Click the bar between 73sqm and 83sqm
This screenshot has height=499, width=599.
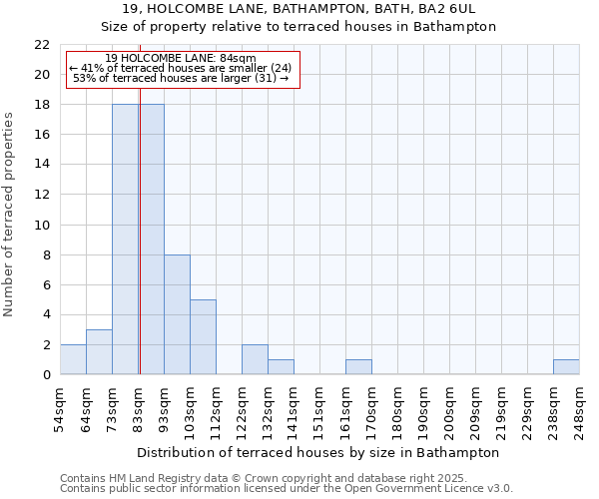(x=125, y=240)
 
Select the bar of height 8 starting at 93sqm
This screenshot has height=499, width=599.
(x=177, y=314)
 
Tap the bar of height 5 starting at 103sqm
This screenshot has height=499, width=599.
(x=203, y=337)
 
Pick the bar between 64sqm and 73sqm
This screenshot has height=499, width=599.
(x=99, y=352)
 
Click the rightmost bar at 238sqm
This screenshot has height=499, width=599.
(x=566, y=367)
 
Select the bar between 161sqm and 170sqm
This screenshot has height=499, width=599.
(x=358, y=367)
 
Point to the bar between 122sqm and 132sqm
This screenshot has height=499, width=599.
(x=255, y=359)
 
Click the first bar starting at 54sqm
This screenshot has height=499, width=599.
(x=73, y=359)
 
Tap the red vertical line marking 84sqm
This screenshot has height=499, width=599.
(x=140, y=249)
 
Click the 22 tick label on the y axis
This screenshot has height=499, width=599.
(x=42, y=45)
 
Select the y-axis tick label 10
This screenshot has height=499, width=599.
(x=42, y=226)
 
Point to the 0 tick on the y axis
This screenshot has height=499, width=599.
(x=46, y=375)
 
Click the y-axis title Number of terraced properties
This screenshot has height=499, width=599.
(x=10, y=215)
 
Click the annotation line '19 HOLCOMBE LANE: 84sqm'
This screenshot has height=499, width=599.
(x=181, y=59)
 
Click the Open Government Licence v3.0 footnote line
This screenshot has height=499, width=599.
(x=287, y=489)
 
